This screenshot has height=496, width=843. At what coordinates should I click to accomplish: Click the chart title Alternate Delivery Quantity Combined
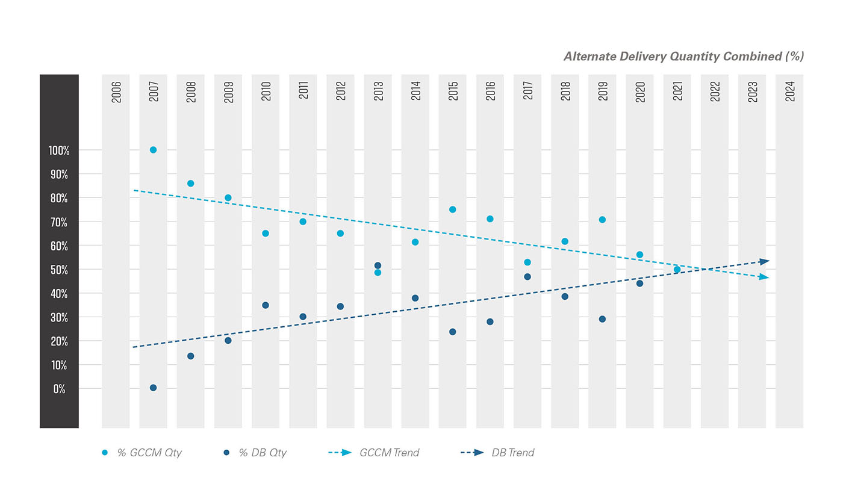pos(683,57)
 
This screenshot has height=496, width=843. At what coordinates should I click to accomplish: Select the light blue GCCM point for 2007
pos(153,150)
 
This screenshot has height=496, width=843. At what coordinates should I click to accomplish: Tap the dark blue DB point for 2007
pos(153,388)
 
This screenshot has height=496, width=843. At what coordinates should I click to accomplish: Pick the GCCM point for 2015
pos(452,209)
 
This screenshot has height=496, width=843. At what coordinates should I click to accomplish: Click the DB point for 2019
pos(602,319)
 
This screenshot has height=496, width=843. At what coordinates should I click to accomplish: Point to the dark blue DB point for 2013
pos(378,265)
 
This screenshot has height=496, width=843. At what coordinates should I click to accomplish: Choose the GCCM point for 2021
pos(677,270)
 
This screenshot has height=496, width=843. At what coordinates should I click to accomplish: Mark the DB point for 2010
pos(266,305)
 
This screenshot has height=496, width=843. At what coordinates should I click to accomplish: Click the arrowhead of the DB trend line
pos(765,261)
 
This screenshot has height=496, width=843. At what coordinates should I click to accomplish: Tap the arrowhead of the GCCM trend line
pos(765,277)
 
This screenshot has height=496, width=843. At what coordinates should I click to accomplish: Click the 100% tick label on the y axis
pos(59,150)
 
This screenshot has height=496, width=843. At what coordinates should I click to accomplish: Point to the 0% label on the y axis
pos(59,389)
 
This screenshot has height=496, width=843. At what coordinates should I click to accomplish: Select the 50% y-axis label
pos(59,270)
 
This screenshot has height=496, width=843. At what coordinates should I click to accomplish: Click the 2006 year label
pos(116,91)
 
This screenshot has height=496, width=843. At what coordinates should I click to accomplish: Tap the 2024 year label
pos(790,91)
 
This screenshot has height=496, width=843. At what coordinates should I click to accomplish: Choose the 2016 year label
pos(491,91)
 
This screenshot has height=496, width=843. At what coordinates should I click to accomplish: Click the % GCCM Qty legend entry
pos(142,453)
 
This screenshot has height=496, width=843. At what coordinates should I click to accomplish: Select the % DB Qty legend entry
pos(255,453)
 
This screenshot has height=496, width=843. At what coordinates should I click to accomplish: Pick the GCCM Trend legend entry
pos(373,453)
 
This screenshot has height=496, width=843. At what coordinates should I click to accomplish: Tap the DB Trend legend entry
pos(497,453)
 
